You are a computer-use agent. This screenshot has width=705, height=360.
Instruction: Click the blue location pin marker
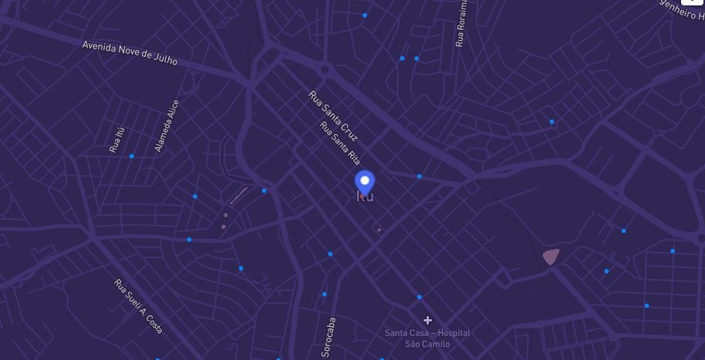(x=365, y=183)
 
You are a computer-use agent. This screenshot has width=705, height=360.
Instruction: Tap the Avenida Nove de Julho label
(x=130, y=53)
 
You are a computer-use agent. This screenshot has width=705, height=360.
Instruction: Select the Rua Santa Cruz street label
(x=333, y=116)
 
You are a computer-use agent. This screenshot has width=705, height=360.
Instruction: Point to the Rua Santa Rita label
(x=340, y=143)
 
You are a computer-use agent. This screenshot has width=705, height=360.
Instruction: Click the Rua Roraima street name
(x=461, y=23)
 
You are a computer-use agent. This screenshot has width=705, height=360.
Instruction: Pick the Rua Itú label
(x=116, y=140)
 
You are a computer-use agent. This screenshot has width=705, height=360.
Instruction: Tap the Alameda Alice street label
(x=167, y=125)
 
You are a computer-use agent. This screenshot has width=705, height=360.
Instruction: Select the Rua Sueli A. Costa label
(x=139, y=306)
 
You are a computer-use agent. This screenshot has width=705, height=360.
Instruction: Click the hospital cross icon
(x=427, y=320)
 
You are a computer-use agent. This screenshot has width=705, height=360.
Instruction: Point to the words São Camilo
(x=427, y=344)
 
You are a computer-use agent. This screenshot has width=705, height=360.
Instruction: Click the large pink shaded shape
(x=550, y=256)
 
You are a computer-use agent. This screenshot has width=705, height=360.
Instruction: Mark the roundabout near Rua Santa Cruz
(x=325, y=70)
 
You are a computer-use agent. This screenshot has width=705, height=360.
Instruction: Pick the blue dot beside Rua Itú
(x=132, y=156)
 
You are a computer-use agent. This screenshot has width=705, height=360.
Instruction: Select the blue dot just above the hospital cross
(x=420, y=297)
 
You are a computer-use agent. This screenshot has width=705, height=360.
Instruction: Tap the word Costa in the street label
(x=152, y=322)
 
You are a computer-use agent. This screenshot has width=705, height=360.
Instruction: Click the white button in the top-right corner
(x=692, y=2)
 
